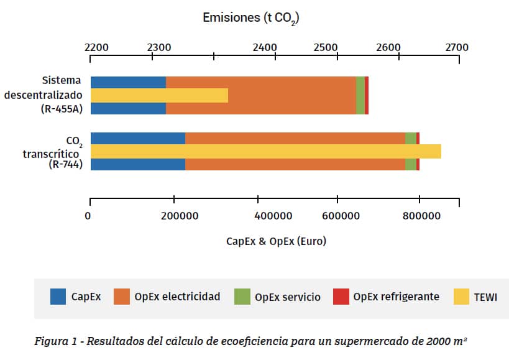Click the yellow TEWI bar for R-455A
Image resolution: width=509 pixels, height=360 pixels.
point(159,95)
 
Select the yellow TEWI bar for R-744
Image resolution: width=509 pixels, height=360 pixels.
point(265,152)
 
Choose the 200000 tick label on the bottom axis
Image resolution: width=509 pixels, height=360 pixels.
point(180,216)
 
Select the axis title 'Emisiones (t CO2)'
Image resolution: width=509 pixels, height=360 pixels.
point(251,18)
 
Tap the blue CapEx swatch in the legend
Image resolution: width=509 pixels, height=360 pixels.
point(58,297)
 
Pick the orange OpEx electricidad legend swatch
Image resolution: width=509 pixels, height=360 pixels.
point(122,297)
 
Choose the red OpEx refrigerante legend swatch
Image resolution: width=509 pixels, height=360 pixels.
point(341,297)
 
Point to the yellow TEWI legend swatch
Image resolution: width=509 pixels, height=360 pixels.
point(462,297)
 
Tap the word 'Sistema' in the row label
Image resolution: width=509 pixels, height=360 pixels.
point(62,81)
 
